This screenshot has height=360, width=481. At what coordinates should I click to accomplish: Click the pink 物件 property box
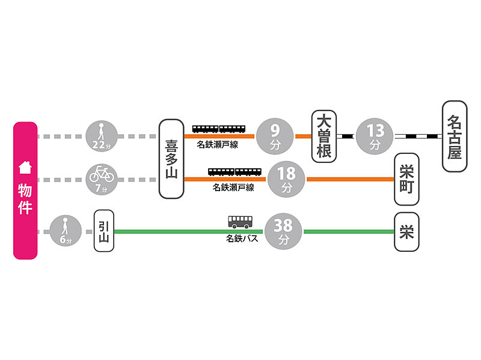point(25,191)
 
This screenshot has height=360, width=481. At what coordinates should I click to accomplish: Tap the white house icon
point(25,166)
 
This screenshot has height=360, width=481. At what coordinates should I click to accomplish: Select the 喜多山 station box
point(171,159)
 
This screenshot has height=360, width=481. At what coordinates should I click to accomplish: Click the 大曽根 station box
point(324,136)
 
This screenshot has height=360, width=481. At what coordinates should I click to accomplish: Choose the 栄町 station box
point(407,179)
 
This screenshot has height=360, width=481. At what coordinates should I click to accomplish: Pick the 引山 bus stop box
point(104,230)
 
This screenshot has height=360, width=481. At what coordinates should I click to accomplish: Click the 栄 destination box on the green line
point(407,231)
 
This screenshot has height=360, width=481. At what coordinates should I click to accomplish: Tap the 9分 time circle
point(275,136)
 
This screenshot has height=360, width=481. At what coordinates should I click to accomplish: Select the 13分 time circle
point(375,136)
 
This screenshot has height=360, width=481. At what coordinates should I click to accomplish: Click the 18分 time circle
point(287,179)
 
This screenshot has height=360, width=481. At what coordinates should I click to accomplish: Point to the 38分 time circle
point(283,231)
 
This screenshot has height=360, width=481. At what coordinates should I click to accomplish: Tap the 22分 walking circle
point(102,136)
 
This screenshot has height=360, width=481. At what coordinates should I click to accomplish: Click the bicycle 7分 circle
point(102,179)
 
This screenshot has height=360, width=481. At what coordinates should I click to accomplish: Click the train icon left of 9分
point(219,129)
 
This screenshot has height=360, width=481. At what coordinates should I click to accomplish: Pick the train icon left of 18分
point(235,171)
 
